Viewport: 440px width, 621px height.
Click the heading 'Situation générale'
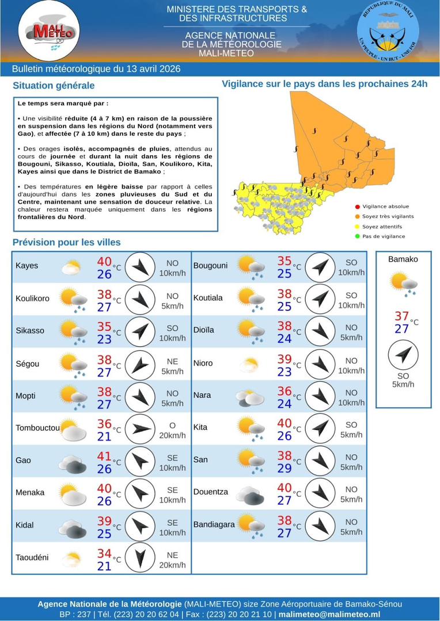click(x=54, y=86)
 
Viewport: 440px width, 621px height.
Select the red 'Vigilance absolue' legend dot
click(x=358, y=206)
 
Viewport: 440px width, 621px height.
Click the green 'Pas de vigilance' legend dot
click(x=358, y=236)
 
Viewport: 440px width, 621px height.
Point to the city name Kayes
click(x=27, y=266)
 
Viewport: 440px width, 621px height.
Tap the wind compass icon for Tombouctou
click(x=140, y=429)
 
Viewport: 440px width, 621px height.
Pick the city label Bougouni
click(x=211, y=266)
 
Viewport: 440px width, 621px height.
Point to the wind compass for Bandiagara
click(x=319, y=526)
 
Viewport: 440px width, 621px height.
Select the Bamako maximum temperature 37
click(x=401, y=316)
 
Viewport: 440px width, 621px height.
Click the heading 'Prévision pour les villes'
click(x=67, y=242)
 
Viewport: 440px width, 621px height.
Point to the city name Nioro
click(x=203, y=363)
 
